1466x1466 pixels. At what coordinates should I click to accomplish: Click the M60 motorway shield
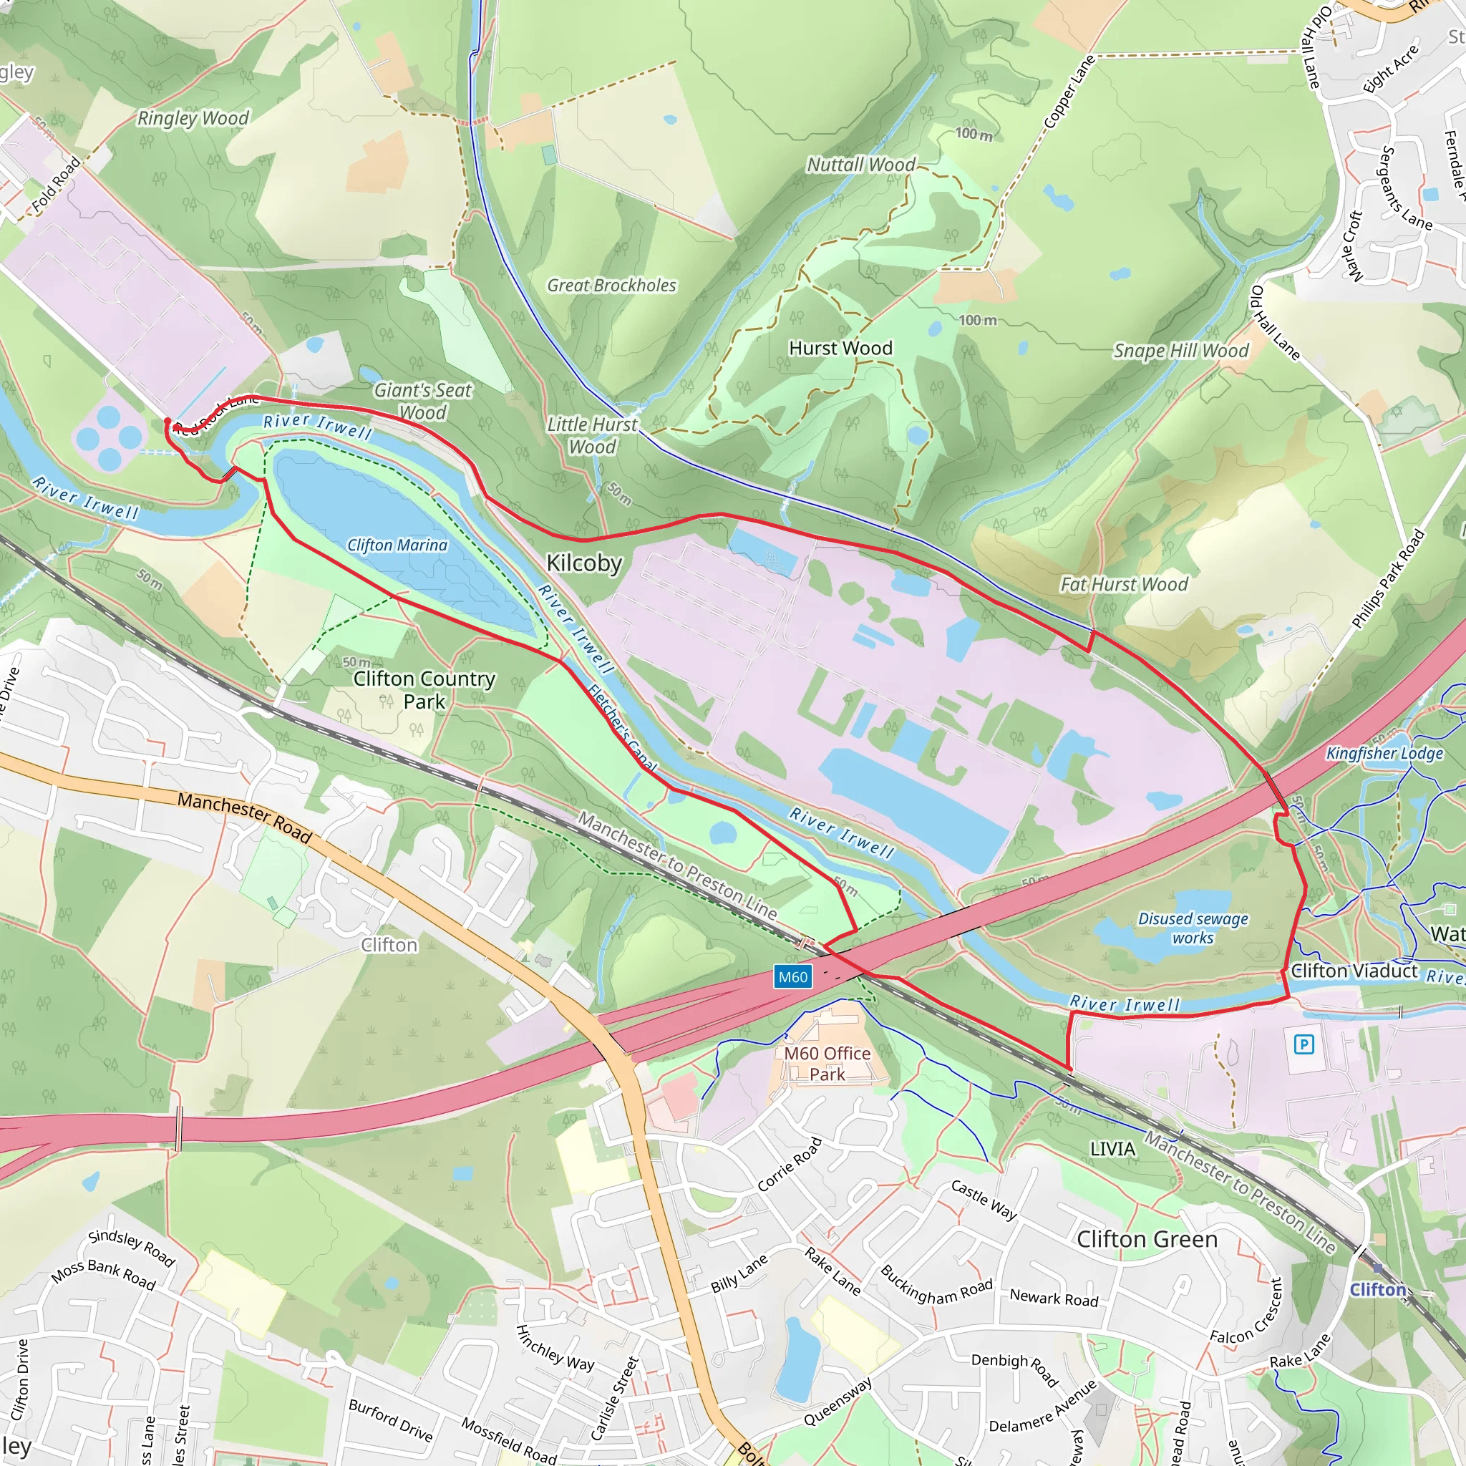pos(793,976)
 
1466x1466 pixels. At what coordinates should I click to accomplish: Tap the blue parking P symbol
pos(1304,1045)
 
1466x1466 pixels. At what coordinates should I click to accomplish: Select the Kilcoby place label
pos(584,563)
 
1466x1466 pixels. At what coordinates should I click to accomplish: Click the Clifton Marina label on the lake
pos(397,545)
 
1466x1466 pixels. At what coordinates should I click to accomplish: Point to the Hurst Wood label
pos(841,349)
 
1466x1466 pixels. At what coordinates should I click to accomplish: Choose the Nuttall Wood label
pos(861,165)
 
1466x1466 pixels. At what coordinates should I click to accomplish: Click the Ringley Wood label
pos(193,118)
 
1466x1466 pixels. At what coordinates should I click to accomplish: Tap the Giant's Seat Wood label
pos(422,401)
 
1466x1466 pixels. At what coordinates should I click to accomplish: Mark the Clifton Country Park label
pos(424,689)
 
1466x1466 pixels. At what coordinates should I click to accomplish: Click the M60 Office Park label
pos(827,1063)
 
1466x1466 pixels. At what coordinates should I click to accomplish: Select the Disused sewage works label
pos(1193,928)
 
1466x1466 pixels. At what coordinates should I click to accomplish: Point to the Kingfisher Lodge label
pos(1384,754)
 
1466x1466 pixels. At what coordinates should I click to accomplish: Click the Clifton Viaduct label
pos(1354,971)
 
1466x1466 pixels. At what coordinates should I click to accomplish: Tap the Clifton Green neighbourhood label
pos(1147,1239)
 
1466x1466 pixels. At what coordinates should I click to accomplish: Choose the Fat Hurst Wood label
pos(1124,584)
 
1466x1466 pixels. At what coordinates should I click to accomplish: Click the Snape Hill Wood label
pos(1180,351)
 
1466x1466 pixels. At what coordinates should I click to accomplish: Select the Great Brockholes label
pos(611,286)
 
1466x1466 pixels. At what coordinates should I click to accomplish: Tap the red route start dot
pos(168,421)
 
